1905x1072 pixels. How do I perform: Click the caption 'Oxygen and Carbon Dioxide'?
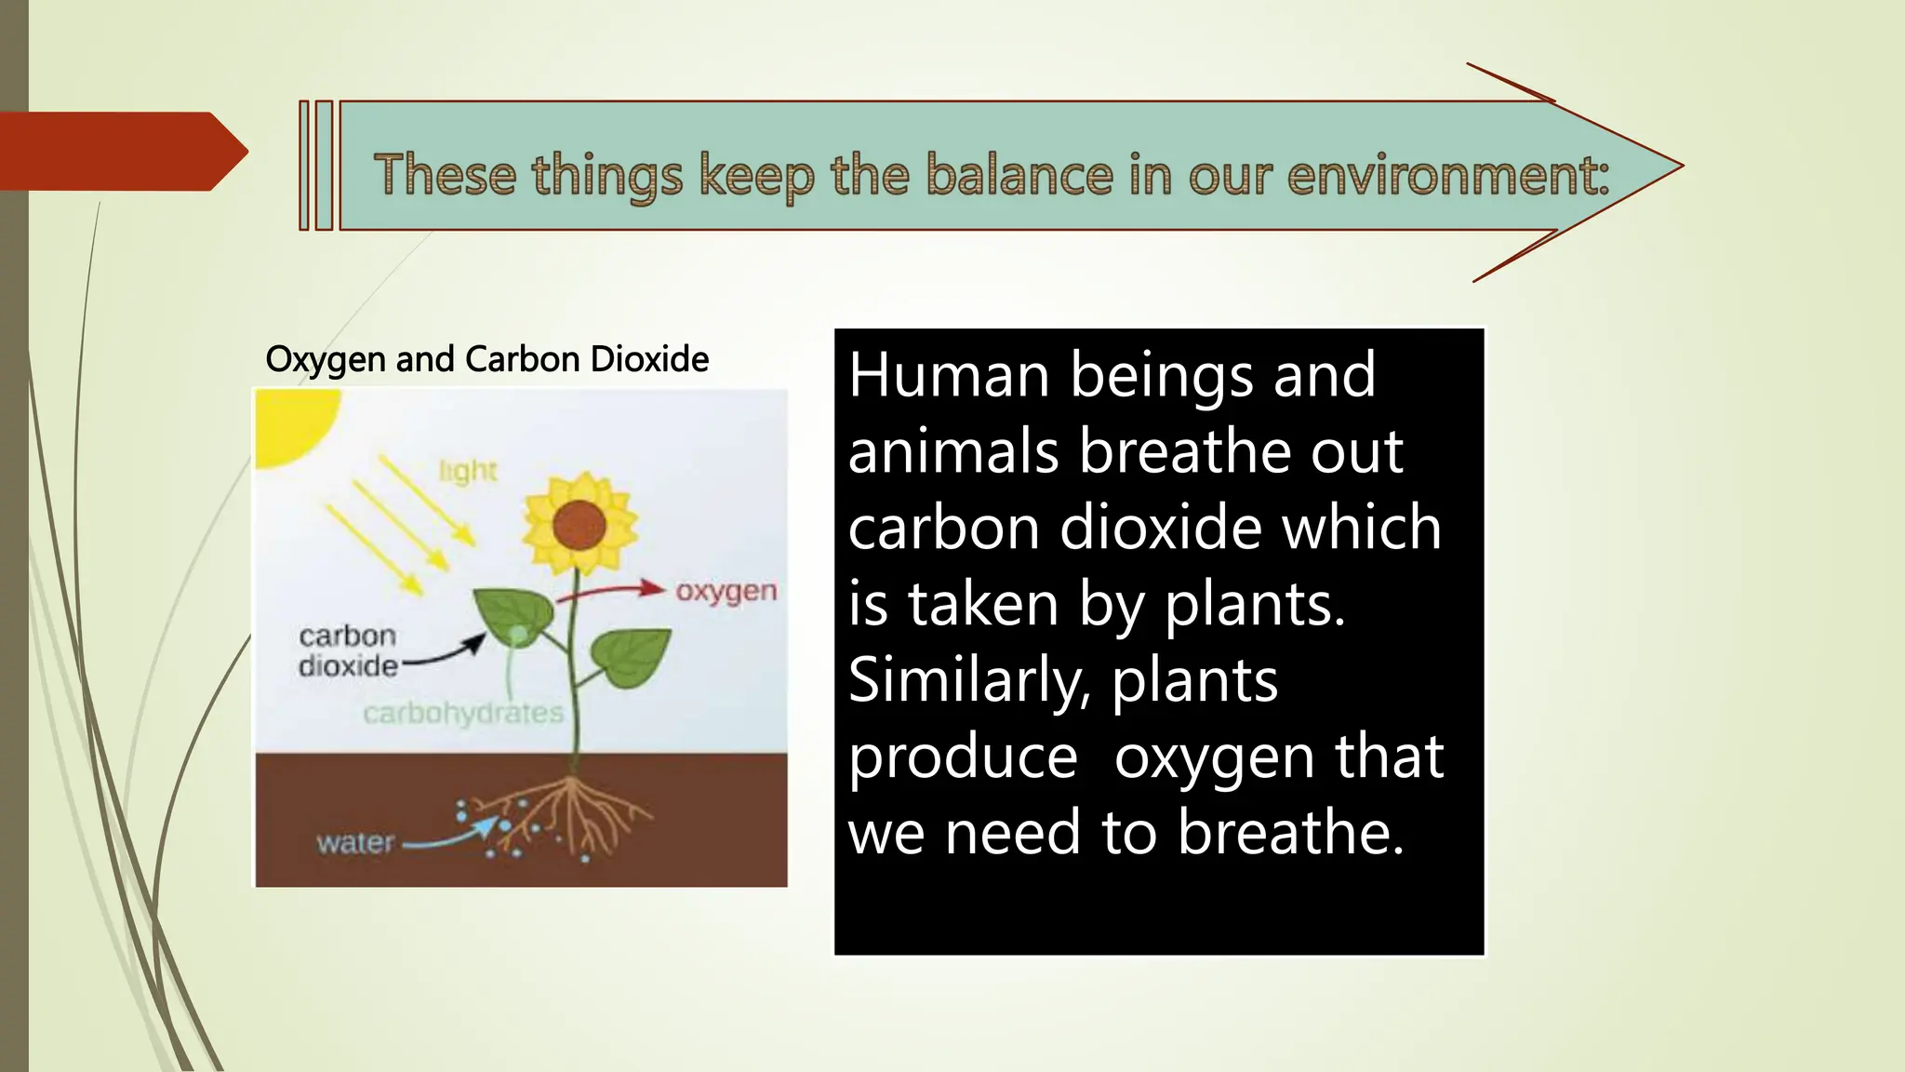click(486, 359)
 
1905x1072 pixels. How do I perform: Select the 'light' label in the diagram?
click(468, 472)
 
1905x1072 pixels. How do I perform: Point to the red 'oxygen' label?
click(726, 592)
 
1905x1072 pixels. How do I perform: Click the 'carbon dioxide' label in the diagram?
click(348, 650)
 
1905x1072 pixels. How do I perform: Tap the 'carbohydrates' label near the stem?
click(463, 714)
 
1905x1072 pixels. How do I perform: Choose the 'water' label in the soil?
click(355, 843)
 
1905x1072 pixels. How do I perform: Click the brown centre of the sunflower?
click(579, 526)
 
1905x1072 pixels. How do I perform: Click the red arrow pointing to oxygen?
click(614, 592)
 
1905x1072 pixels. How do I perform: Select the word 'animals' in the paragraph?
click(953, 451)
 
